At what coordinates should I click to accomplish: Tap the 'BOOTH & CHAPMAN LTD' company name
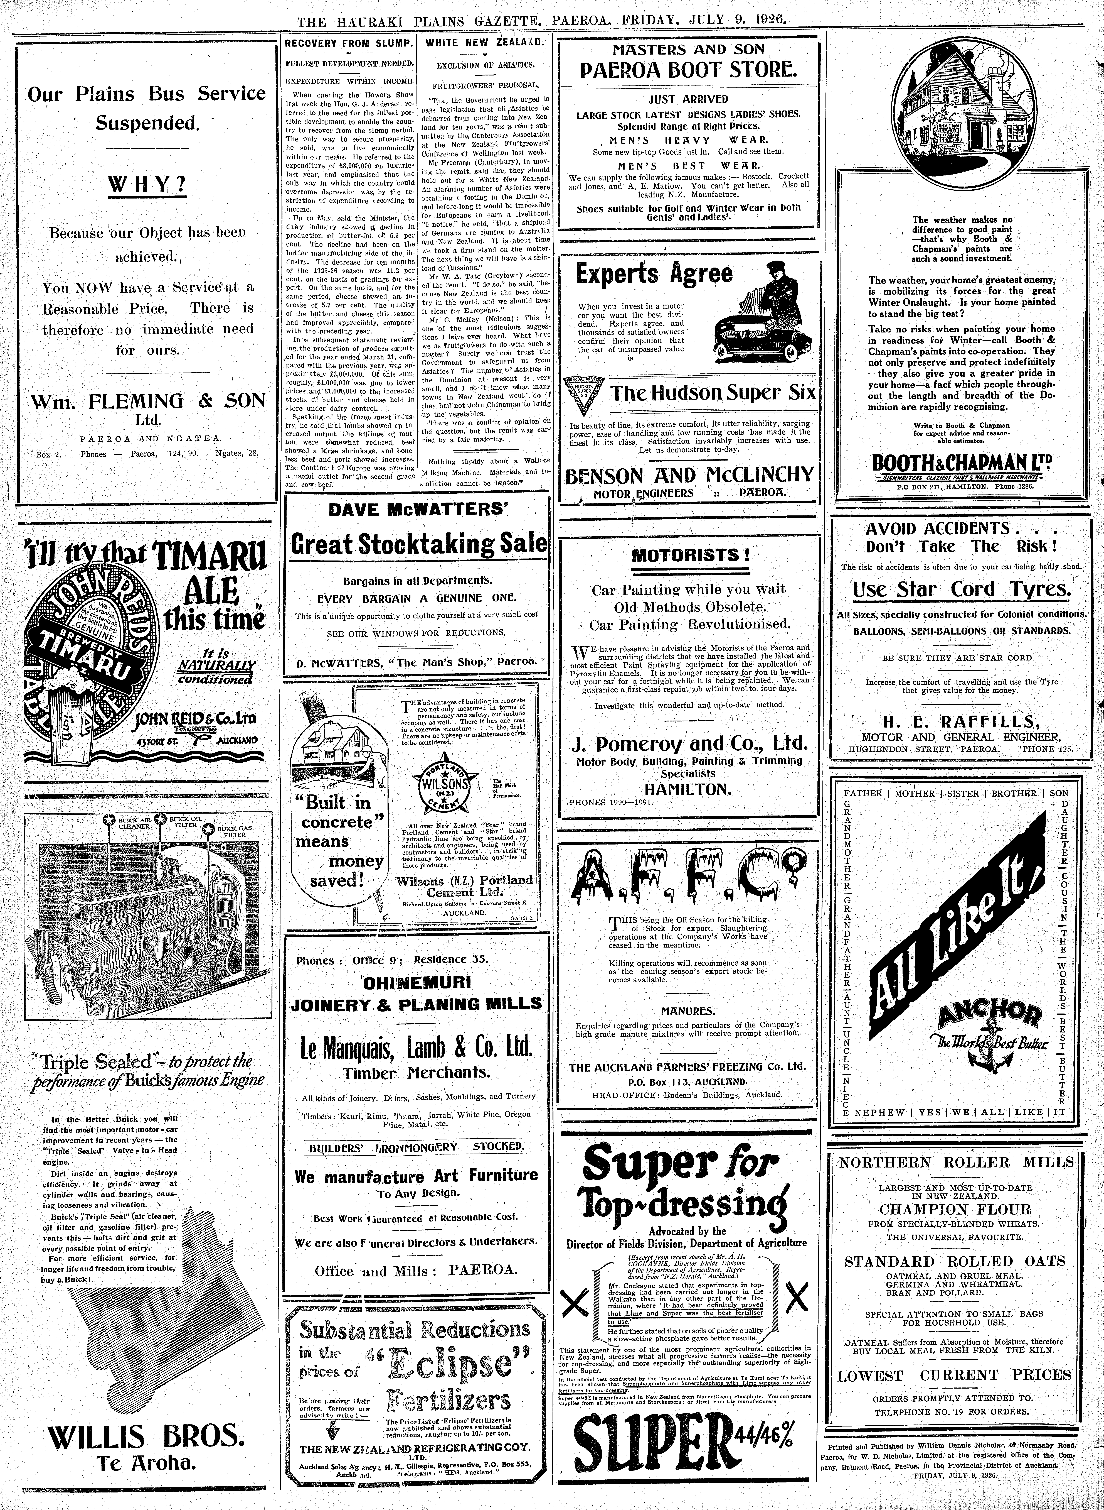(x=957, y=462)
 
